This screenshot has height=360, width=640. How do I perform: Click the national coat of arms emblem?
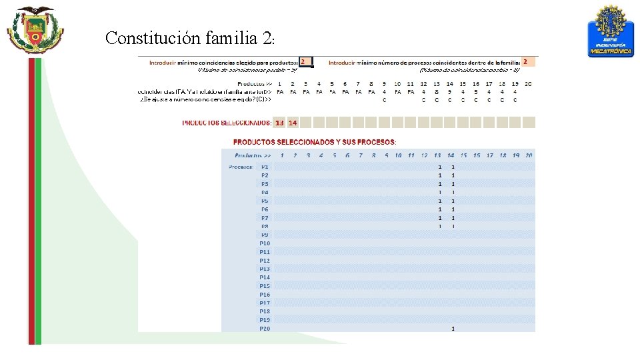click(35, 30)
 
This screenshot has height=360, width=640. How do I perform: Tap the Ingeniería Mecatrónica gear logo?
click(610, 31)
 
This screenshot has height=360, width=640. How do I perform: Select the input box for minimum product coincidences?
click(305, 61)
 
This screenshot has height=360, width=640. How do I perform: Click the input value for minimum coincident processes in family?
click(527, 61)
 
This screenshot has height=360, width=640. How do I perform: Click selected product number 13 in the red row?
click(279, 123)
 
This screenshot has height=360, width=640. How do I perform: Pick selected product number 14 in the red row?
click(293, 123)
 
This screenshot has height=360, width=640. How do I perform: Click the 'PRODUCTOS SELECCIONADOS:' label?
click(227, 123)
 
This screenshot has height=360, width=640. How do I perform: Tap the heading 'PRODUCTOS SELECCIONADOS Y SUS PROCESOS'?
click(315, 142)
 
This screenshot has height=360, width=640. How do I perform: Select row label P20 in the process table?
click(265, 328)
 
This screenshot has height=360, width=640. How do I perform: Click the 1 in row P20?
click(453, 328)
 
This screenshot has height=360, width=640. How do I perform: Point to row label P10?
click(265, 243)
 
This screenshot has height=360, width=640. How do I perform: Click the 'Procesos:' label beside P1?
click(241, 167)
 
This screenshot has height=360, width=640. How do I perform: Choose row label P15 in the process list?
click(265, 286)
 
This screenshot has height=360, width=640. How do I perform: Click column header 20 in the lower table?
click(529, 155)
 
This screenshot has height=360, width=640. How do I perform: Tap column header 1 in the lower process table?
click(282, 155)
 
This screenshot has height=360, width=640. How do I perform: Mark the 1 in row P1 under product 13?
click(440, 167)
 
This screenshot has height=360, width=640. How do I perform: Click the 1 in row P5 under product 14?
click(453, 201)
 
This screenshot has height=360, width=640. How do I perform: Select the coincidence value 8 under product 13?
click(437, 92)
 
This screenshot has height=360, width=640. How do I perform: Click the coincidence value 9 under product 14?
click(450, 92)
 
